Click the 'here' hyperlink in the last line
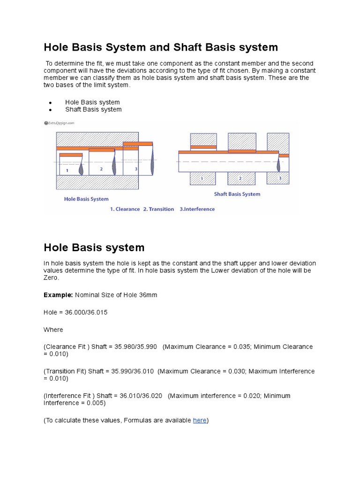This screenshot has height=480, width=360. click(x=200, y=420)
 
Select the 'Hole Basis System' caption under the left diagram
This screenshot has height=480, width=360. click(x=86, y=199)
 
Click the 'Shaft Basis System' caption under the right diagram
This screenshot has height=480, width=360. click(x=237, y=194)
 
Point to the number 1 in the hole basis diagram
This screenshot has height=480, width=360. click(x=67, y=171)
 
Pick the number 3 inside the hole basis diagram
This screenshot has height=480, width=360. click(x=136, y=168)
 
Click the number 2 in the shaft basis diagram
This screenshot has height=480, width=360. click(x=240, y=179)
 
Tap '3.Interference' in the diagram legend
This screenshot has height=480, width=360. click(x=197, y=209)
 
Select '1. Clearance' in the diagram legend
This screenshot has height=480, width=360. click(x=125, y=209)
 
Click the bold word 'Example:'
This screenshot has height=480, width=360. click(x=59, y=295)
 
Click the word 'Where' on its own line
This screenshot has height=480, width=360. click(x=53, y=330)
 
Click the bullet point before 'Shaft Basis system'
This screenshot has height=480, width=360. click(x=50, y=110)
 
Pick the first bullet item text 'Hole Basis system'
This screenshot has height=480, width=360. click(x=92, y=102)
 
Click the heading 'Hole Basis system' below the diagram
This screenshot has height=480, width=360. click(x=94, y=247)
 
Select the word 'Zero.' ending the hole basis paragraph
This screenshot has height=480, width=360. click(x=52, y=277)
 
